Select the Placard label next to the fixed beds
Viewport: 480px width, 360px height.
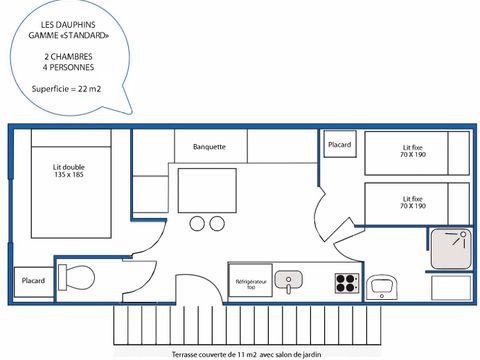339,145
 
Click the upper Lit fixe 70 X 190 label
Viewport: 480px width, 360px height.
412,152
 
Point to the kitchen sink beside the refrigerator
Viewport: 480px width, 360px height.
289,279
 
